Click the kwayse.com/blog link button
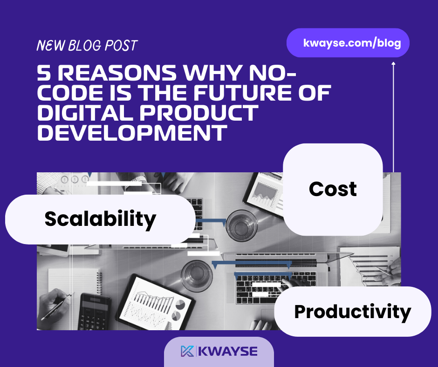click(348, 43)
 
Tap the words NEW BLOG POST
click(87, 46)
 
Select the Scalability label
click(100, 219)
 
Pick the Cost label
click(333, 190)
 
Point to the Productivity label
click(353, 312)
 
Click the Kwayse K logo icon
click(187, 351)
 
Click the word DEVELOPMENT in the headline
click(132, 132)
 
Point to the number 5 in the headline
click(44, 73)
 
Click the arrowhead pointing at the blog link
click(393, 63)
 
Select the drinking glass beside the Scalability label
click(242, 225)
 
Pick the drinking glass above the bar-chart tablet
click(197, 276)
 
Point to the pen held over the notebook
click(57, 306)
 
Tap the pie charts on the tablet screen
click(178, 310)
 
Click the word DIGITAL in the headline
click(85, 113)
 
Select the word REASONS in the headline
click(117, 73)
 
